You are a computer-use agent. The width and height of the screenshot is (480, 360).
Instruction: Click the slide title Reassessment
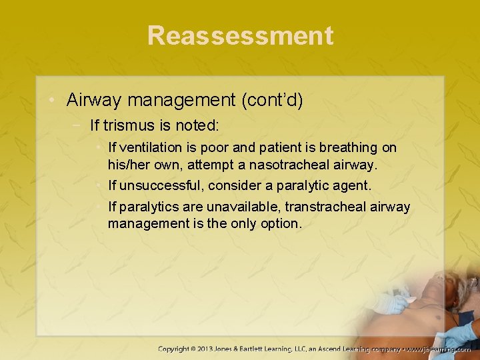(x=240, y=35)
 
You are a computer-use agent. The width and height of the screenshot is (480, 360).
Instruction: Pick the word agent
(x=351, y=185)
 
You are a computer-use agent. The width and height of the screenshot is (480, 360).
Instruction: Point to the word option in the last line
(x=281, y=223)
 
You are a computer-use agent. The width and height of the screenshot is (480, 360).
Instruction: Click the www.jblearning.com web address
(x=440, y=349)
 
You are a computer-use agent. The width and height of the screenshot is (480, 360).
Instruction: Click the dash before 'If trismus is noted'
(x=79, y=125)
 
